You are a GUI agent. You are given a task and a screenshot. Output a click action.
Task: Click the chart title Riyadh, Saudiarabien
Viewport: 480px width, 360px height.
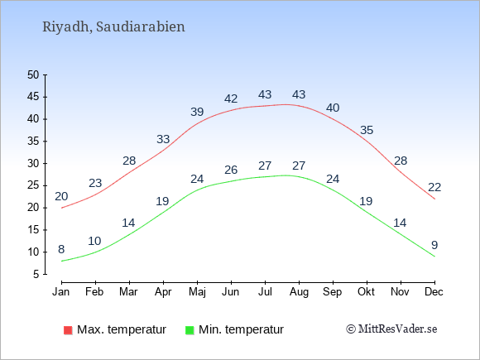coord(113,27)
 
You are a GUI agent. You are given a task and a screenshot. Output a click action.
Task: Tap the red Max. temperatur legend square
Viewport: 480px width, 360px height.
coord(68,330)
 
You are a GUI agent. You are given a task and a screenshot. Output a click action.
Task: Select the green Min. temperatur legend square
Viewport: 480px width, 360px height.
coord(190,330)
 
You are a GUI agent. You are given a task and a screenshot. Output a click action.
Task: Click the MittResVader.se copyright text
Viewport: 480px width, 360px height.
coord(391,329)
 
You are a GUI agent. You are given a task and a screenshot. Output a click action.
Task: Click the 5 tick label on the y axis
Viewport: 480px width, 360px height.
coord(36,274)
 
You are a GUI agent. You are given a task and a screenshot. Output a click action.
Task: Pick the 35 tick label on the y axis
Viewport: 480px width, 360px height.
coord(33,142)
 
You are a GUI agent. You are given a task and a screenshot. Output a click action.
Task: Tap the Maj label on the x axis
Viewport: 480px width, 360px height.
coord(197,292)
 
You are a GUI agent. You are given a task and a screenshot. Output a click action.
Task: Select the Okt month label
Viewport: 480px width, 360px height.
coord(366,292)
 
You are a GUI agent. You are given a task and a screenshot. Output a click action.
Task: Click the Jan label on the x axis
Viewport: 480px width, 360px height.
coord(61,292)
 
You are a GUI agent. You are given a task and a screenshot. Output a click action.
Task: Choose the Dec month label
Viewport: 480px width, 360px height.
coord(434,292)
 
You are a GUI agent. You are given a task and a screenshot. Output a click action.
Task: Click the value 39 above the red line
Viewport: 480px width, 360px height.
coord(197,112)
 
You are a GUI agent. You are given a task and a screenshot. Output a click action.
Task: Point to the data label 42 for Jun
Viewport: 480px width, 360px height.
coord(231,98)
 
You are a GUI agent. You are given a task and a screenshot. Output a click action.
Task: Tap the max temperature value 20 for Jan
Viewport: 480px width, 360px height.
coord(61,196)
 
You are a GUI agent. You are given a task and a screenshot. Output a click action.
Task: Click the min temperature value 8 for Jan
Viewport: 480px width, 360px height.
coord(61,249)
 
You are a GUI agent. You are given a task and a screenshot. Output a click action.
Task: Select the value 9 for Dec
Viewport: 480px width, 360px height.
coord(434,245)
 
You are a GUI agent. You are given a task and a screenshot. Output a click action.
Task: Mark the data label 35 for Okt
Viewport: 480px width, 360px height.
coord(367,131)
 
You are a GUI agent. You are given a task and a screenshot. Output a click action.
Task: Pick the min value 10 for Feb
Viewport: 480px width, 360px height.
coord(94,241)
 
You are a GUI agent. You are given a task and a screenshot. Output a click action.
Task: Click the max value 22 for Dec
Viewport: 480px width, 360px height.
coord(434,187)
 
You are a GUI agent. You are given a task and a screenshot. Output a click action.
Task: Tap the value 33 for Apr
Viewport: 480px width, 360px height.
coord(163,139)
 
